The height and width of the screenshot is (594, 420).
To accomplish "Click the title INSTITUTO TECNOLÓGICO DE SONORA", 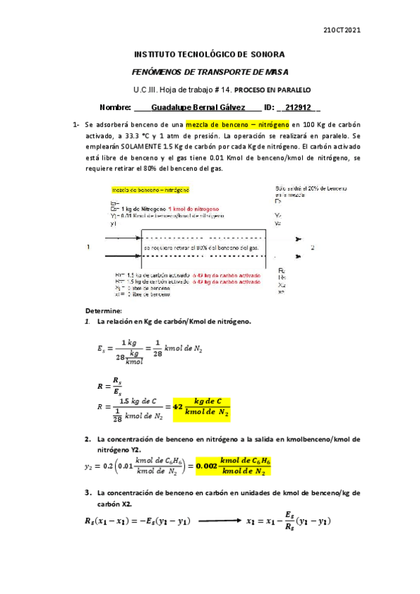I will pyautogui.click(x=209, y=55).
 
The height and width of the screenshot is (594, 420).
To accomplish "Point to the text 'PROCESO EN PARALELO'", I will pyautogui.click(x=271, y=90).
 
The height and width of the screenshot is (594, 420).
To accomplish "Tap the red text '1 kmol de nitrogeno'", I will pyautogui.click(x=193, y=209).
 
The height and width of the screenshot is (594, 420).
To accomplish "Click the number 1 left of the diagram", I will pyautogui.click(x=88, y=247).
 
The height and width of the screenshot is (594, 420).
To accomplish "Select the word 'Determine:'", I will pyautogui.click(x=104, y=310).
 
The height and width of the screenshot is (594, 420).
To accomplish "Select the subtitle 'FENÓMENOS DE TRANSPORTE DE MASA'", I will pyautogui.click(x=210, y=72).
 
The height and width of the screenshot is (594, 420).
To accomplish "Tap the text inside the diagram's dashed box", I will pyautogui.click(x=201, y=248).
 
